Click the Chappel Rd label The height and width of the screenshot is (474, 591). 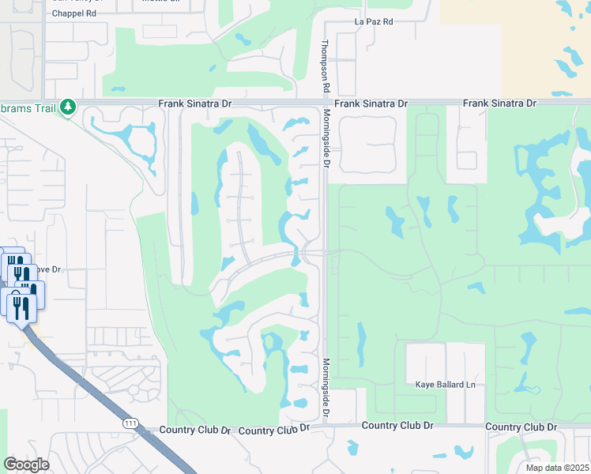point(74,13)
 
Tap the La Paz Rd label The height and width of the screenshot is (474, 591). point(374,21)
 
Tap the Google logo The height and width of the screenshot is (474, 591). point(26,465)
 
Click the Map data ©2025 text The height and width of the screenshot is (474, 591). point(556,468)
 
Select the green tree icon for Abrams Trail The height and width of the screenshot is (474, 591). point(69,107)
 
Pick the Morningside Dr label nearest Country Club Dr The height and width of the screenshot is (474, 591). point(325,389)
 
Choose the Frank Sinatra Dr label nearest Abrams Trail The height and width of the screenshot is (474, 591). point(194,103)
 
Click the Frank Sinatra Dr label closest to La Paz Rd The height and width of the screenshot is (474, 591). point(371,103)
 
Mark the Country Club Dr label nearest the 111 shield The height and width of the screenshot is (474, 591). point(194,430)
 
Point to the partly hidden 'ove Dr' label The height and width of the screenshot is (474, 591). point(47,269)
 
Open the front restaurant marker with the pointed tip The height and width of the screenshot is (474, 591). point(21,308)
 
